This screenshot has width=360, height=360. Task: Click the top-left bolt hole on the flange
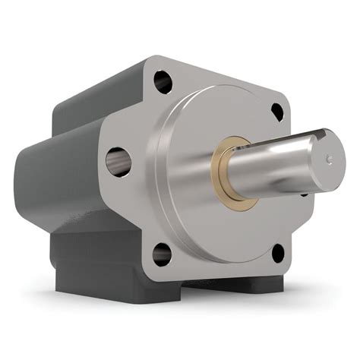pyautogui.click(x=163, y=79)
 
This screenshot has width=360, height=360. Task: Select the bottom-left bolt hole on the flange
pyautogui.click(x=161, y=254)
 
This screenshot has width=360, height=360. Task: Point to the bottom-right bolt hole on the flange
pyautogui.click(x=277, y=254)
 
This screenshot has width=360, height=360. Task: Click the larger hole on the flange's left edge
pyautogui.click(x=118, y=161)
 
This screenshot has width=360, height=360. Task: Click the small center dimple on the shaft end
pyautogui.click(x=329, y=159)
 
